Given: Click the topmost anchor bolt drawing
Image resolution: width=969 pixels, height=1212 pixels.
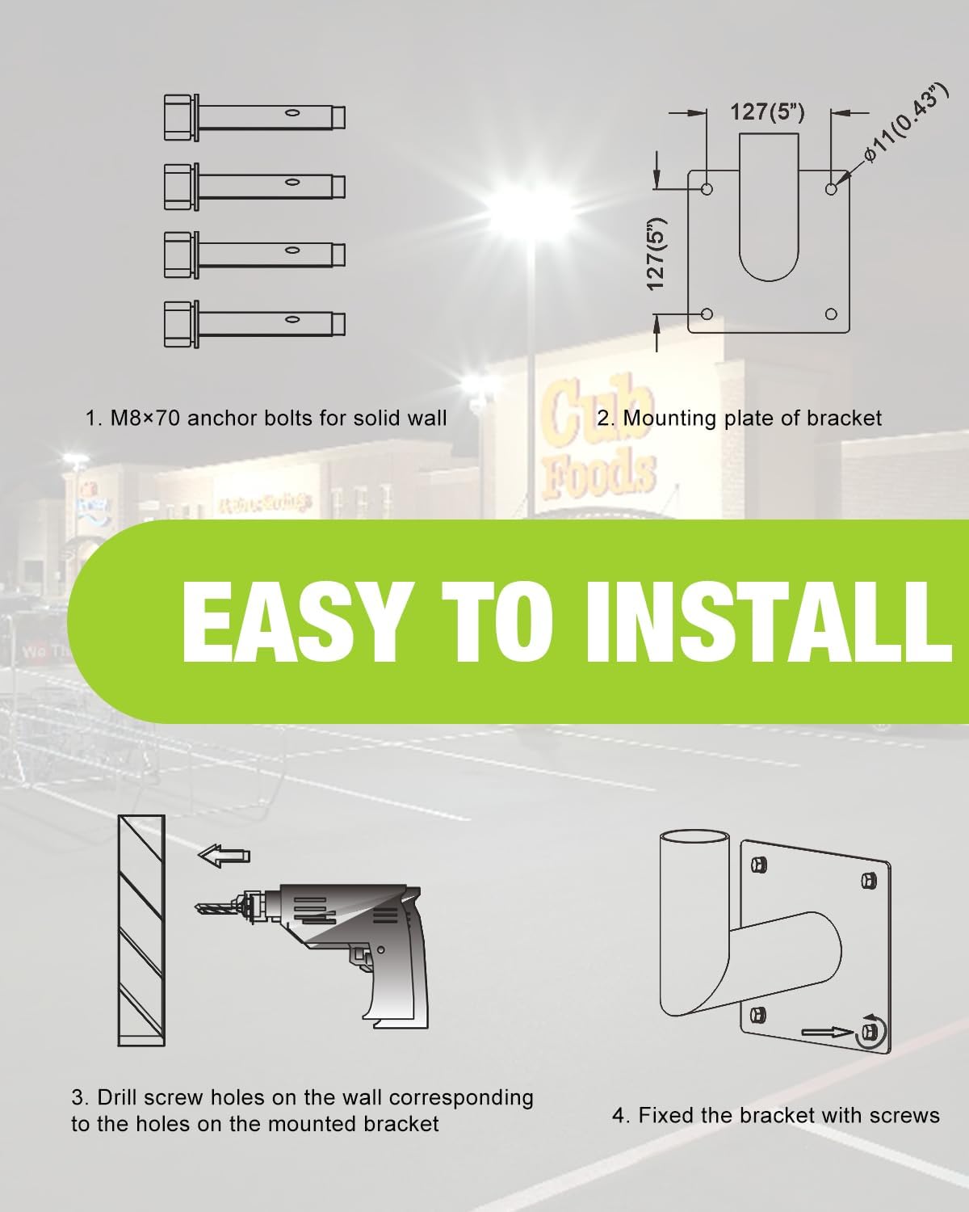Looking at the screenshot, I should click(x=254, y=113).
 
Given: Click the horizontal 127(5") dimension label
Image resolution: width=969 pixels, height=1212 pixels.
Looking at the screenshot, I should click(x=767, y=112).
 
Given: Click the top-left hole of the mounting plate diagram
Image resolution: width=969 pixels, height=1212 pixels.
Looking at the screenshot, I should click(x=707, y=189).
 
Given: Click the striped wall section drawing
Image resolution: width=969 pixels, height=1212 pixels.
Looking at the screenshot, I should click(x=141, y=929).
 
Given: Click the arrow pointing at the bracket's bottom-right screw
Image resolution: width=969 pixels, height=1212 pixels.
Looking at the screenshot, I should click(x=827, y=1032).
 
